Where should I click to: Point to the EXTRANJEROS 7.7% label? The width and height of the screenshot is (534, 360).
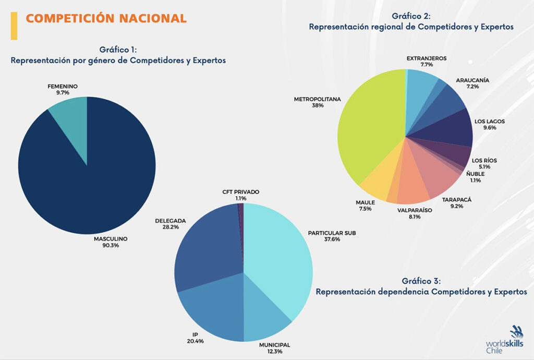(x=426, y=62)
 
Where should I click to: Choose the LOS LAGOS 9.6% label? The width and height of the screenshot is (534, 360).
(x=489, y=125)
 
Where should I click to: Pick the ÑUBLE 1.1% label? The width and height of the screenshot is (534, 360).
(x=475, y=177)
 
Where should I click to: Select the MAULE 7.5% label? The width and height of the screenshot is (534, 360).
(x=365, y=206)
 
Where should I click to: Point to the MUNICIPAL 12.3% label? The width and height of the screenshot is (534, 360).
(x=274, y=348)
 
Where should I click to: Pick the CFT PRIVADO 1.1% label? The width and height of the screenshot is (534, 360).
(x=240, y=195)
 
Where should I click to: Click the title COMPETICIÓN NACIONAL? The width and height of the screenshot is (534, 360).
(x=106, y=18)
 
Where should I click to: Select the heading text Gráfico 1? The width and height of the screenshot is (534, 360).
(x=118, y=50)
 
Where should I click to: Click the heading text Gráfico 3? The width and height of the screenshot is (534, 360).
(x=421, y=281)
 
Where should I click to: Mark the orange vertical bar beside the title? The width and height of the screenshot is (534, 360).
(x=14, y=26)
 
